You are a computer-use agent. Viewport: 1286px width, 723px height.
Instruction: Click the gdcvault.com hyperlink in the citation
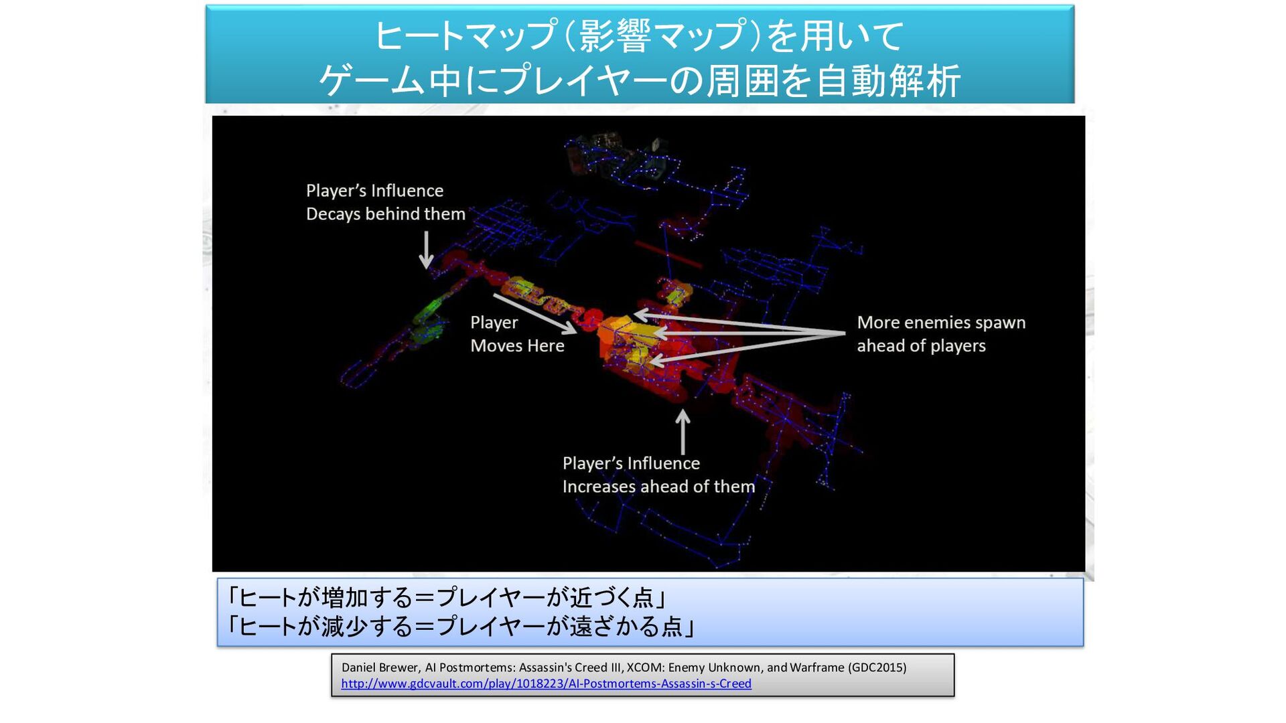[546, 684]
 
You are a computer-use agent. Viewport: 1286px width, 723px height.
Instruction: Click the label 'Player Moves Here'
[517, 334]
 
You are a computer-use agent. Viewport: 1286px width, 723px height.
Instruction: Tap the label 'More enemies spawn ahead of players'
[940, 334]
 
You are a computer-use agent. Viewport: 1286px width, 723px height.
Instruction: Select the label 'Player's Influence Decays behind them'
[385, 202]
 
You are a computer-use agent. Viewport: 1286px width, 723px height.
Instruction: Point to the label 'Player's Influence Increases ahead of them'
[658, 475]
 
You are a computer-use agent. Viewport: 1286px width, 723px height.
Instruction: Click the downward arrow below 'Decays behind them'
[426, 250]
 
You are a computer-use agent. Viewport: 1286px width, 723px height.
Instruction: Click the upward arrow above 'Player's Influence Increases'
[683, 432]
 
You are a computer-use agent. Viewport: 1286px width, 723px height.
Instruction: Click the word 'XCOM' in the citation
[643, 667]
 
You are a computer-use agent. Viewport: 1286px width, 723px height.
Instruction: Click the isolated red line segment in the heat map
[667, 254]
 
